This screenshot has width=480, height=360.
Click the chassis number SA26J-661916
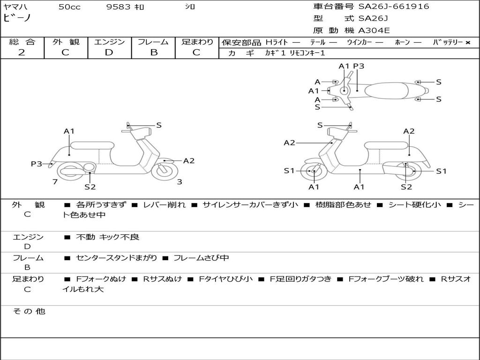click(x=394, y=7)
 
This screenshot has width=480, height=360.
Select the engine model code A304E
click(x=374, y=31)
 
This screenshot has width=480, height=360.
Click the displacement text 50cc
click(x=69, y=7)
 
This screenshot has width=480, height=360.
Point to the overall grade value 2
click(x=22, y=52)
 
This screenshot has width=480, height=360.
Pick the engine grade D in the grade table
click(x=109, y=52)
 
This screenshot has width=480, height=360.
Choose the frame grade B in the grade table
click(x=153, y=52)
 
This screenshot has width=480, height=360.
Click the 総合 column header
click(x=22, y=42)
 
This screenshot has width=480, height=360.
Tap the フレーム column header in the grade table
click(x=153, y=42)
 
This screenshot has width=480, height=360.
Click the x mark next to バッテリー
click(x=467, y=42)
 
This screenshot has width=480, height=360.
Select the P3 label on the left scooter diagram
click(x=37, y=164)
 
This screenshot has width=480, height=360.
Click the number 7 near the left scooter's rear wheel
click(x=55, y=182)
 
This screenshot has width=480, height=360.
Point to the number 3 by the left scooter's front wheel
click(x=180, y=182)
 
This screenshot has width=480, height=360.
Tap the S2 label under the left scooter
click(x=90, y=187)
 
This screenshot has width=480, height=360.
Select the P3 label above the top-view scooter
click(x=359, y=66)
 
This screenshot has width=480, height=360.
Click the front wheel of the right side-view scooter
click(x=313, y=172)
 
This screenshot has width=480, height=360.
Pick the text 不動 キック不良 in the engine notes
click(x=107, y=237)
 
